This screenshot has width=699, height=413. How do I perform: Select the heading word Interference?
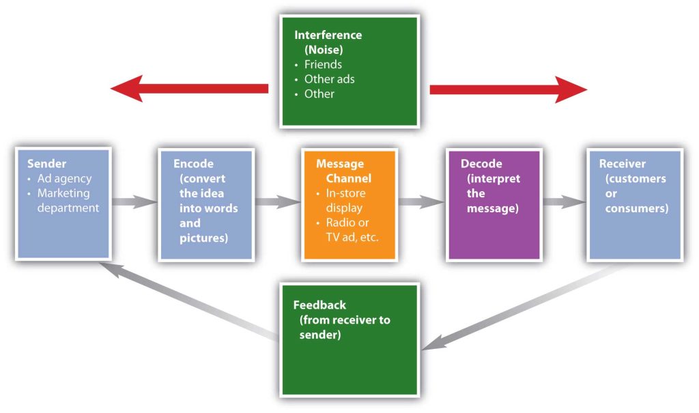pyautogui.click(x=328, y=35)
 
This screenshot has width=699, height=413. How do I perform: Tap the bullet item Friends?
pyautogui.click(x=322, y=64)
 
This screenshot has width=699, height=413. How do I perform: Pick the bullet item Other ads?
pyautogui.click(x=329, y=79)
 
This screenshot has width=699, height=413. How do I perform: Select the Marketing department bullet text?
pyautogui.click(x=68, y=201)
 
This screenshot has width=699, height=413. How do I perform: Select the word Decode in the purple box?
pyautogui.click(x=481, y=164)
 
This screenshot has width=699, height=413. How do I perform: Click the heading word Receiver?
pyautogui.click(x=622, y=164)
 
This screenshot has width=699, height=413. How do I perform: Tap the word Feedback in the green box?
pyautogui.click(x=319, y=305)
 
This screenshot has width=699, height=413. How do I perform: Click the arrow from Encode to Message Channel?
pyautogui.click(x=278, y=202)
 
